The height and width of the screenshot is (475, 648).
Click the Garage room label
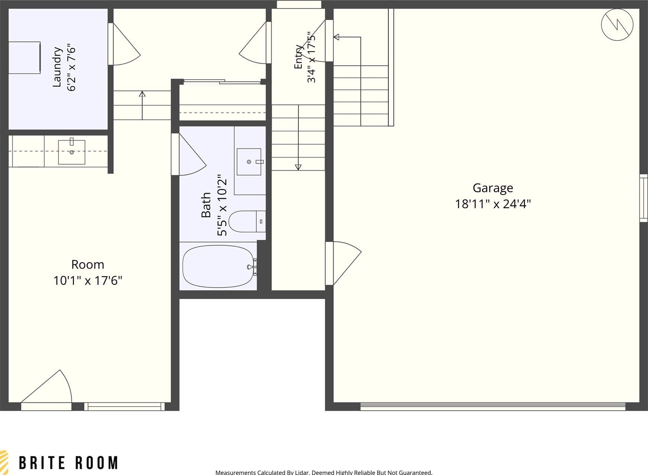pyautogui.click(x=493, y=188)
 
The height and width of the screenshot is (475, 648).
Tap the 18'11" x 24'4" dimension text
pyautogui.click(x=493, y=204)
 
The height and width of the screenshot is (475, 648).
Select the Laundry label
pyautogui.click(x=56, y=67)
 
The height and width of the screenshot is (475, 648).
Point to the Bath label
pyautogui.click(x=206, y=205)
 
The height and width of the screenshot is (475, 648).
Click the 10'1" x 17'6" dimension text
pyautogui.click(x=88, y=280)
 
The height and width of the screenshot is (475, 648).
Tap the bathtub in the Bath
pyautogui.click(x=218, y=266)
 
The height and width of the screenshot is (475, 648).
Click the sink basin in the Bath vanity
pyautogui.click(x=249, y=162)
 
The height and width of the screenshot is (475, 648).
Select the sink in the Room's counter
pyautogui.click(x=72, y=152)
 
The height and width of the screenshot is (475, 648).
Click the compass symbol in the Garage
pyautogui.click(x=617, y=25)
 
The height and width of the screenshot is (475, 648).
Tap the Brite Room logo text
pyautogui.click(x=68, y=463)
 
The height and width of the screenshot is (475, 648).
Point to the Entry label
pyautogui.click(x=298, y=57)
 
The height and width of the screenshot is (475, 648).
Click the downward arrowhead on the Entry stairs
pyautogui.click(x=298, y=167)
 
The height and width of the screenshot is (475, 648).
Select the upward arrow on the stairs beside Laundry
pyautogui.click(x=142, y=105)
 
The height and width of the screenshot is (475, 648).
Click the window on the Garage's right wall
pyautogui.click(x=644, y=198)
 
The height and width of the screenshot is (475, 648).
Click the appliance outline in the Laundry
pyautogui.click(x=25, y=58)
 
